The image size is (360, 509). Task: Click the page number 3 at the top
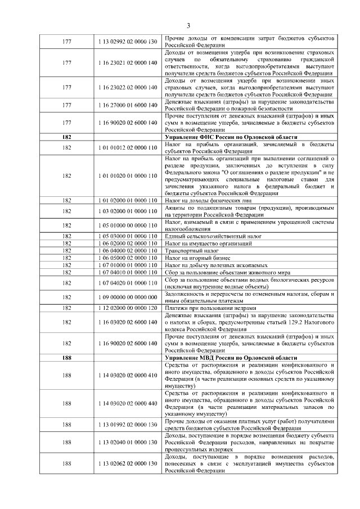[x=188, y=25]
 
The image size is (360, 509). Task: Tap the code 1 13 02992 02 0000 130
[x=127, y=41]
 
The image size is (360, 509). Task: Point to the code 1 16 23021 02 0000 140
[x=127, y=62]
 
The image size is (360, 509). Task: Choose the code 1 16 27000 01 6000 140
[x=127, y=105]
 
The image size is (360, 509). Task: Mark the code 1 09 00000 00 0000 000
[x=127, y=297]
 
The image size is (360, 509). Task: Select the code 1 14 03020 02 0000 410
[x=127, y=376]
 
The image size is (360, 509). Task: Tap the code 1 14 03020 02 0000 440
[x=127, y=403]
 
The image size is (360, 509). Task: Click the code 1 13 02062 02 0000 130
[x=127, y=464]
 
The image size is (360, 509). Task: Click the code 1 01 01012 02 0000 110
[x=127, y=148]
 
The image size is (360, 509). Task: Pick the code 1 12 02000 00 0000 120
[x=127, y=308]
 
